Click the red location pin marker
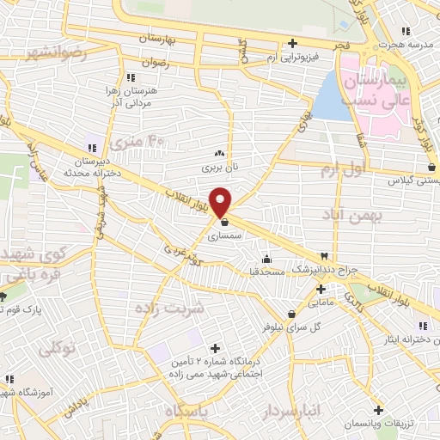(x=221, y=201)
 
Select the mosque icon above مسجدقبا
(x=266, y=259)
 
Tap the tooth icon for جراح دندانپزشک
(x=324, y=256)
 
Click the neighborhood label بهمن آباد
(x=351, y=214)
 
